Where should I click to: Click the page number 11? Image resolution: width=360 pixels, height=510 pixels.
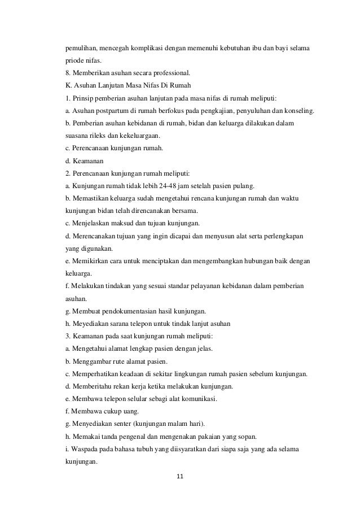pos(180,476)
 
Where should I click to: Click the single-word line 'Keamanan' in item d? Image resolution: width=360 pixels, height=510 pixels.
pos(89,160)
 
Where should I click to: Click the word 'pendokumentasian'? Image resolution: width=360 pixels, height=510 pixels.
pos(129,311)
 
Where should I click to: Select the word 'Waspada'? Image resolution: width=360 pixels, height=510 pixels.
pos(84,449)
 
